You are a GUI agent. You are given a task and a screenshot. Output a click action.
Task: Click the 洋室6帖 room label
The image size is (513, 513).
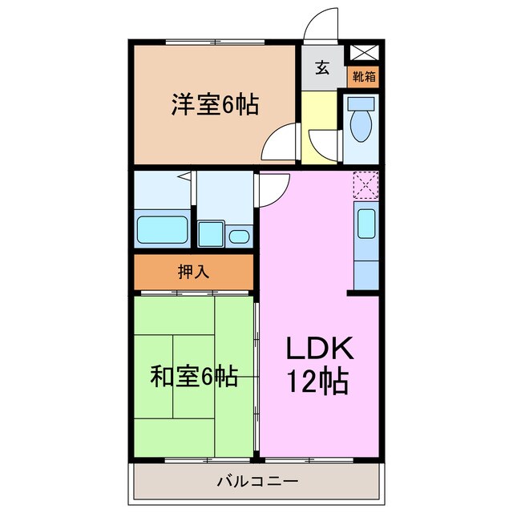(214, 104)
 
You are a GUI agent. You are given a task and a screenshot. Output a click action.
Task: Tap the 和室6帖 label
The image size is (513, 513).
(194, 376)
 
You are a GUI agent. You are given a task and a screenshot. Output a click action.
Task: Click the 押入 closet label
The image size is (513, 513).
(193, 272)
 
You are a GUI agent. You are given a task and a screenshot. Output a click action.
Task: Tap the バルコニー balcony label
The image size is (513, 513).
(257, 483)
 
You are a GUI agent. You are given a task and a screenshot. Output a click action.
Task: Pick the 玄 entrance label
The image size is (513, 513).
(322, 68)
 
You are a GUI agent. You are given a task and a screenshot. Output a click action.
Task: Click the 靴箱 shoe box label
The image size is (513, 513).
(364, 77)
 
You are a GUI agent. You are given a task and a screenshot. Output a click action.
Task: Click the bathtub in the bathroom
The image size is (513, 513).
(163, 231)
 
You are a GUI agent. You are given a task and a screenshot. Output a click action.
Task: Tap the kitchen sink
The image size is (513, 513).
(365, 222)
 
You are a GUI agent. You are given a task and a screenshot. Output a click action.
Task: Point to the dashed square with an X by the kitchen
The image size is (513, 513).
(365, 186)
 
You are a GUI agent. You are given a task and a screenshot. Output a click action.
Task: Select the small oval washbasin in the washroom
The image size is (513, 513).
(238, 236)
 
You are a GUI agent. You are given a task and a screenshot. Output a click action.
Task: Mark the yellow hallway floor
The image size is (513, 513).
(321, 120)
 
